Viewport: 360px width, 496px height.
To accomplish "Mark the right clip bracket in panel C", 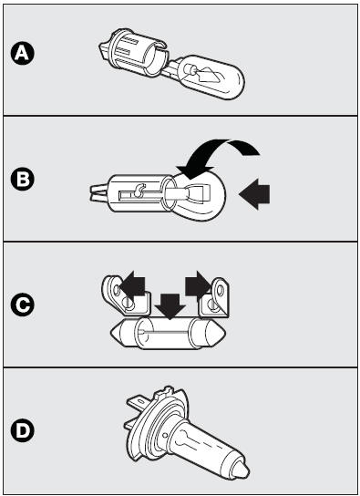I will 220,294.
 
